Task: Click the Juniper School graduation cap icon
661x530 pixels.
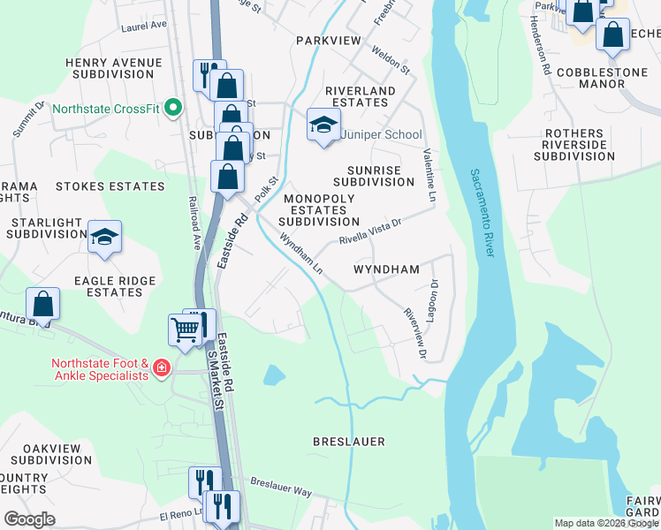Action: pyautogui.click(x=323, y=125)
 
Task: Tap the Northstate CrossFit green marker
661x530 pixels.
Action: pyautogui.click(x=173, y=110)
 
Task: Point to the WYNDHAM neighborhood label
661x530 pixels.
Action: pyautogui.click(x=385, y=269)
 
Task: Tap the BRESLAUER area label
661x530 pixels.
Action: pyautogui.click(x=349, y=440)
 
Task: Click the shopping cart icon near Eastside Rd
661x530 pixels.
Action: pyautogui.click(x=185, y=330)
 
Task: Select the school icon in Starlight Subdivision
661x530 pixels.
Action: pyautogui.click(x=105, y=237)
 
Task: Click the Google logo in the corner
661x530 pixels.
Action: pyautogui.click(x=30, y=519)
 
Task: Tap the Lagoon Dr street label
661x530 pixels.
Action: pyautogui.click(x=434, y=300)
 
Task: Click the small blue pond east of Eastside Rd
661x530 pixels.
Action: pyautogui.click(x=274, y=375)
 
